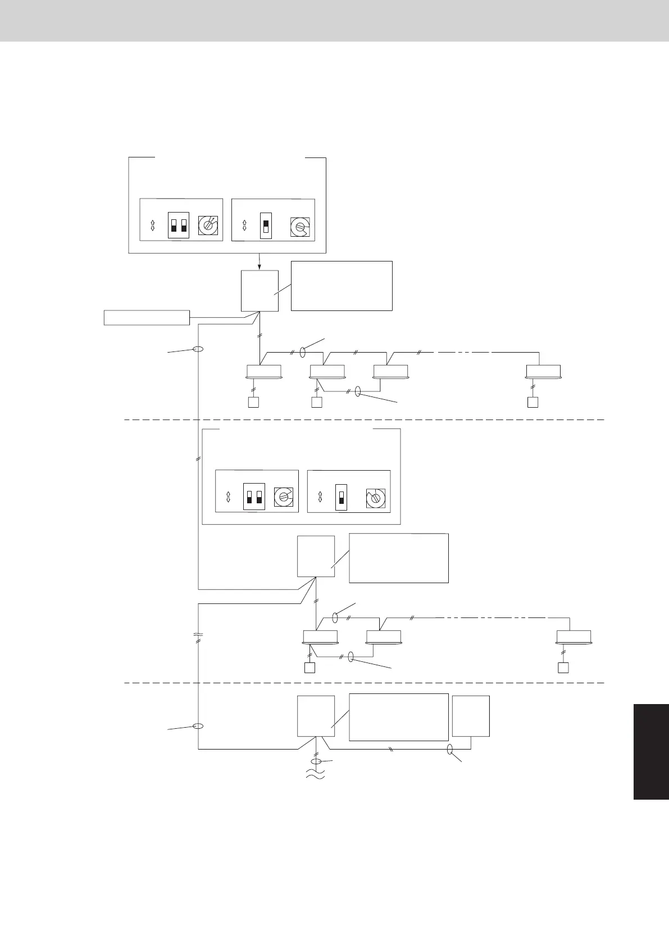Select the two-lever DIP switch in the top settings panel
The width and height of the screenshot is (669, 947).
[x=179, y=225]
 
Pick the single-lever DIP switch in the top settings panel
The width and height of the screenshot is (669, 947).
[x=266, y=226]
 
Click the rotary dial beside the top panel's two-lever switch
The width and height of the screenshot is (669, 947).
[x=208, y=226]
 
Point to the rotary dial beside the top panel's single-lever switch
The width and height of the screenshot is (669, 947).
[x=300, y=227]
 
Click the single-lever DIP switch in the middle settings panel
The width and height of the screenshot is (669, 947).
[x=341, y=497]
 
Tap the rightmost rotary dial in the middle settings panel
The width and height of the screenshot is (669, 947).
[x=376, y=498]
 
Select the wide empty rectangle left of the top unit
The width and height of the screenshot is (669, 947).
[x=147, y=317]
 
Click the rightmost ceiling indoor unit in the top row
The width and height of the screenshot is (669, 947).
[x=543, y=371]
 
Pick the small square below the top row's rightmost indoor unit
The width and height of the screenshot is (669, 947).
[x=533, y=402]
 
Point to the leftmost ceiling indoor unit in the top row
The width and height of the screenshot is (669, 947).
[x=264, y=371]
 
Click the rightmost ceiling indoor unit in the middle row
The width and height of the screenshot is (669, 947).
[x=574, y=637]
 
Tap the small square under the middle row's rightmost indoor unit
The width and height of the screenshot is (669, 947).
[x=563, y=668]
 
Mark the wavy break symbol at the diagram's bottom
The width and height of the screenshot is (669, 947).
[x=316, y=775]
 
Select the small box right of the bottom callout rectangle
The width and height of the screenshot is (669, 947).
[x=471, y=716]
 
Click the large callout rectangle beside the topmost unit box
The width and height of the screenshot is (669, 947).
[x=341, y=286]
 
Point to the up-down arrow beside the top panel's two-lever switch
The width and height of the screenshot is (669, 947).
[x=152, y=226]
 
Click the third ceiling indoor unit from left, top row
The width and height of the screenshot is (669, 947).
[x=391, y=371]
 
